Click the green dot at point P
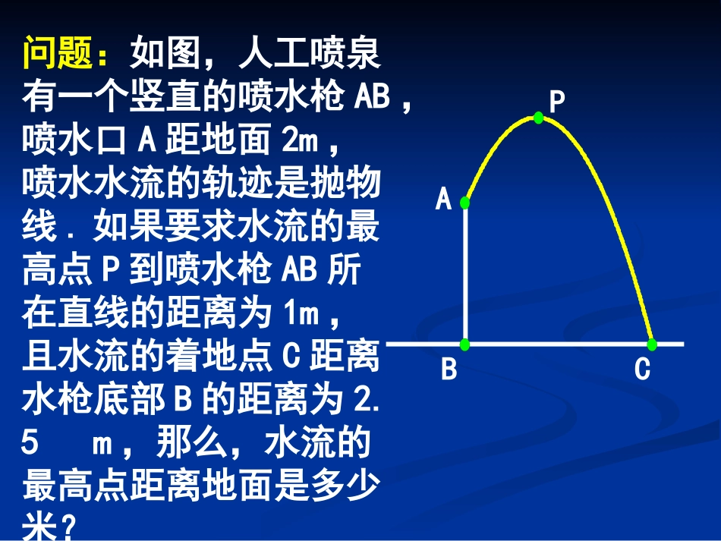tap(538, 118)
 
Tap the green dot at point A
tap(465, 202)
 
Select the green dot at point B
tap(465, 344)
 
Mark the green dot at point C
tap(652, 344)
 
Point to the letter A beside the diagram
tap(443, 200)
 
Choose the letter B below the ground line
tap(449, 370)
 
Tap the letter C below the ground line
tap(642, 370)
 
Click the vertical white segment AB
tap(465, 273)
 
